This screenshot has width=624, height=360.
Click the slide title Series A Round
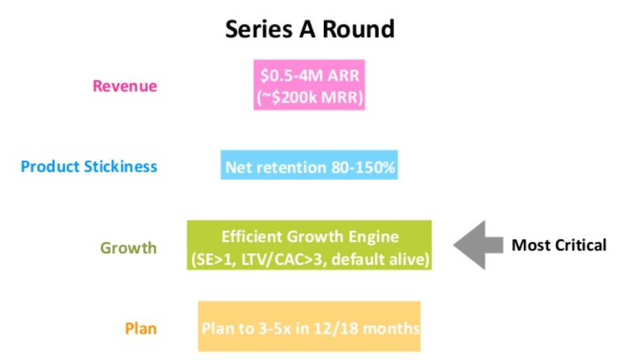click(310, 29)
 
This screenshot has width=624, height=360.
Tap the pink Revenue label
click(125, 86)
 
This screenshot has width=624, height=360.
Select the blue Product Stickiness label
click(89, 167)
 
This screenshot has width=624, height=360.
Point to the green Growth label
click(128, 248)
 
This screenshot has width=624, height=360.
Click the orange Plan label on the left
click(141, 329)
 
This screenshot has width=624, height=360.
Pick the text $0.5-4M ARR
click(309, 75)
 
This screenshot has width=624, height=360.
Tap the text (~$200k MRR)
click(309, 97)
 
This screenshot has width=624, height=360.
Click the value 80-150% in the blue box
click(363, 167)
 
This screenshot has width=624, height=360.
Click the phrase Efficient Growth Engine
click(310, 237)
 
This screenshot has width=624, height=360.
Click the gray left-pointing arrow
click(478, 245)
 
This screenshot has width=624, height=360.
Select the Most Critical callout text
click(559, 245)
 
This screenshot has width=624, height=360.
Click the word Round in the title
click(358, 29)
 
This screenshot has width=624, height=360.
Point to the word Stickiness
click(120, 167)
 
